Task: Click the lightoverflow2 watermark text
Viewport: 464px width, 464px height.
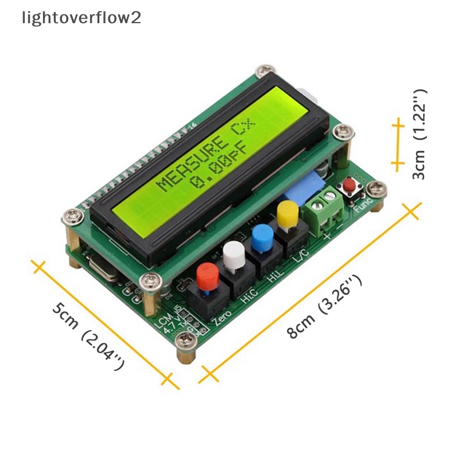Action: (x=81, y=18)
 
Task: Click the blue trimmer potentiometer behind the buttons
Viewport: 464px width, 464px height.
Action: (x=311, y=180)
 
